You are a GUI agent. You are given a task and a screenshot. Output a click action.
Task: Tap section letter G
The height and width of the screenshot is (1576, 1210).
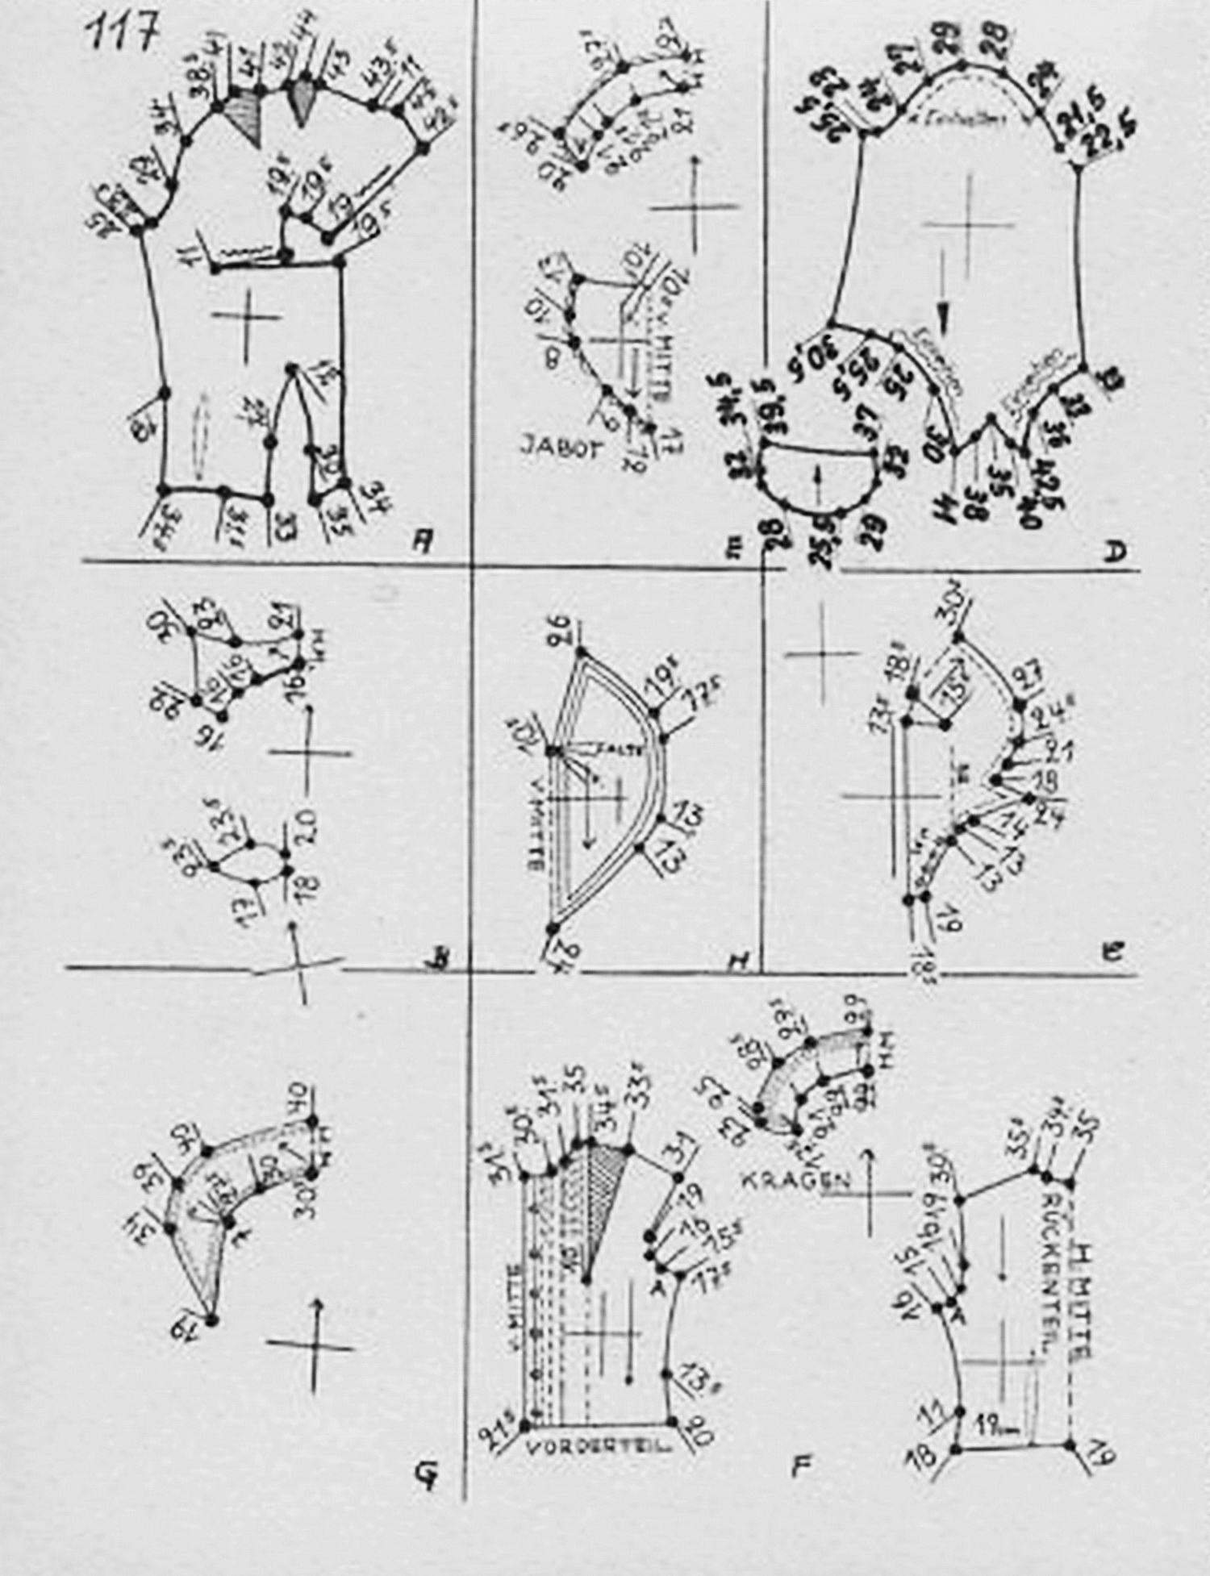pyautogui.click(x=423, y=1475)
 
